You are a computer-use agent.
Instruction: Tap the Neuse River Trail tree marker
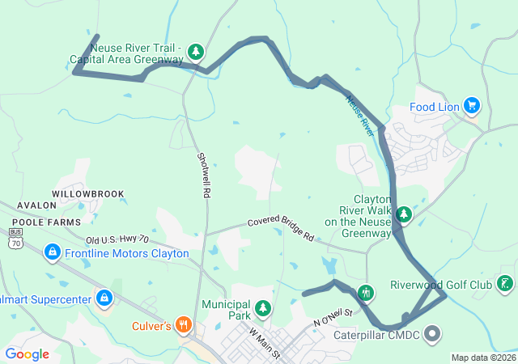click(x=196, y=53)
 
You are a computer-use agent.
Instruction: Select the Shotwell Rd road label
click(x=203, y=176)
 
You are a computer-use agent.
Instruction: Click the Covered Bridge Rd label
click(x=280, y=228)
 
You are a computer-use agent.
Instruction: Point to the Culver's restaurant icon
click(x=184, y=326)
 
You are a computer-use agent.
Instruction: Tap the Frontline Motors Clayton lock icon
click(x=53, y=253)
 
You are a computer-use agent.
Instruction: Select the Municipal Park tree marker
click(x=262, y=308)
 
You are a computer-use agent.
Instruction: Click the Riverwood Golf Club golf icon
click(x=506, y=284)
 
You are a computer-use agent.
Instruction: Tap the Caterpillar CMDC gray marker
click(x=431, y=333)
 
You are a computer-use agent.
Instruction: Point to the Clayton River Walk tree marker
click(x=403, y=215)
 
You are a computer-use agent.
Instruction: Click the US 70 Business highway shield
click(x=15, y=236)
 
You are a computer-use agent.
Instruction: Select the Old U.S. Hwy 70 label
click(x=118, y=239)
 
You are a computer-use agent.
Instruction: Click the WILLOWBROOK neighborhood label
click(x=88, y=194)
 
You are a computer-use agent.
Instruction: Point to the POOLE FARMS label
click(x=46, y=221)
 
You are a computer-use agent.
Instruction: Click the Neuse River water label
click(x=363, y=115)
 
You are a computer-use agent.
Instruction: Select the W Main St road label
click(x=265, y=343)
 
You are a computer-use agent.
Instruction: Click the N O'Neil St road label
click(x=333, y=316)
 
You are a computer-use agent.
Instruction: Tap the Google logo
click(x=28, y=353)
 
